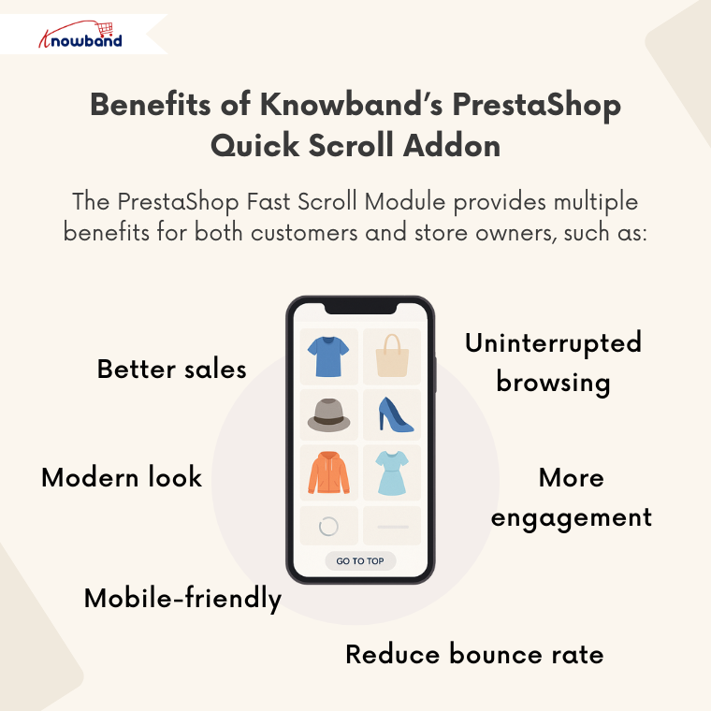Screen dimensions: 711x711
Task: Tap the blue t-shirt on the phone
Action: [x=327, y=356]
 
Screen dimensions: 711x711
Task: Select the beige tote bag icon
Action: [x=392, y=356]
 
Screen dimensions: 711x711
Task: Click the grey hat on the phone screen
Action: [x=328, y=414]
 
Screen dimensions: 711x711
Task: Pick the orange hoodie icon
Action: [x=328, y=472]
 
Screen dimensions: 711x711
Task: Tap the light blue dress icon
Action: [x=392, y=472]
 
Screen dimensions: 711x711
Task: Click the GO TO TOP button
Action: [x=360, y=561]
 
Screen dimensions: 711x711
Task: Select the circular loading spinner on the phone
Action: [x=328, y=526]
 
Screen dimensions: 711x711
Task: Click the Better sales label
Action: [x=172, y=369]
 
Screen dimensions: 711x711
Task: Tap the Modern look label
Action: [x=122, y=477]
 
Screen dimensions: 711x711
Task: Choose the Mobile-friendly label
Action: [x=182, y=598]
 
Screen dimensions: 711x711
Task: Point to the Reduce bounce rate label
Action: [x=474, y=654]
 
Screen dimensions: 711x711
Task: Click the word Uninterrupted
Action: [x=554, y=342]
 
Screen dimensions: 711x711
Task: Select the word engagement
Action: [x=572, y=516]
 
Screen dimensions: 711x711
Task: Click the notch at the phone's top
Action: [x=360, y=307]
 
